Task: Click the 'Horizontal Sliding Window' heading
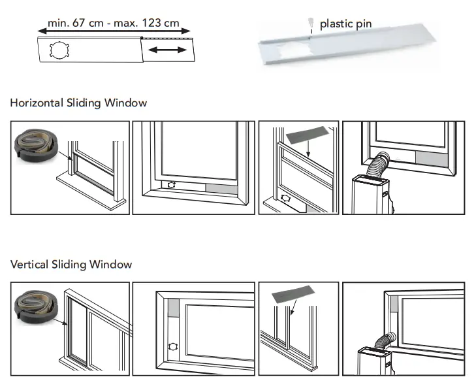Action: click(78, 103)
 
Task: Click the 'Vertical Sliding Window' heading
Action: click(71, 265)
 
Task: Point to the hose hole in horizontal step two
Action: click(171, 185)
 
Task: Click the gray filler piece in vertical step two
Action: click(173, 308)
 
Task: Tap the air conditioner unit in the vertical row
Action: click(373, 362)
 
